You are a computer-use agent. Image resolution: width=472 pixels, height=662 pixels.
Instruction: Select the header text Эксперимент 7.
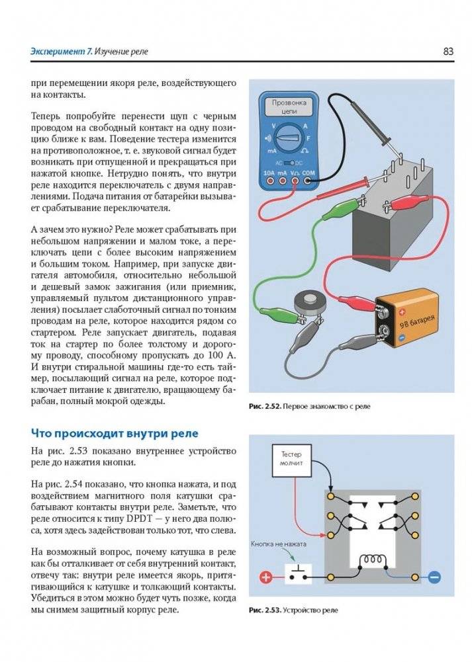[60, 51]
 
